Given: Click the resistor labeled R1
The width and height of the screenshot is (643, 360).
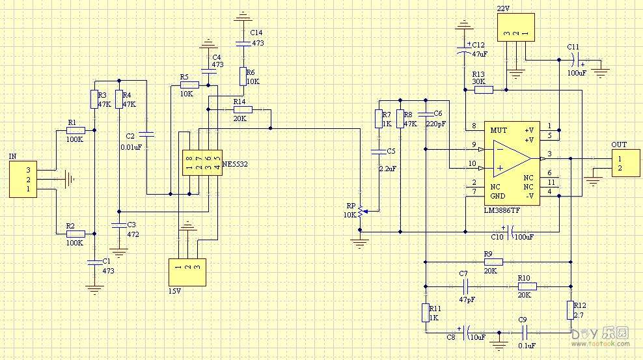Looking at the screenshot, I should (x=75, y=131).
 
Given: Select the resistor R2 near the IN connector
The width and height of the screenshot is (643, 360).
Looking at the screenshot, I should (x=75, y=234).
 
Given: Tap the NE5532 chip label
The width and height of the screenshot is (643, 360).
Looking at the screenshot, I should (x=235, y=165).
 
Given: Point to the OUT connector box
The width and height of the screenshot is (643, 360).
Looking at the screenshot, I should (x=625, y=163).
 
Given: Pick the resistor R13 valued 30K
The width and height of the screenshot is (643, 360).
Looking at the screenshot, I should (x=484, y=89).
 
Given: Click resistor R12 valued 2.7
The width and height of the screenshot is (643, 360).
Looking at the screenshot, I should (x=570, y=311).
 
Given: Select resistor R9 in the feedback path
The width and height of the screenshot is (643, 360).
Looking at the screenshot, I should (x=493, y=261).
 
